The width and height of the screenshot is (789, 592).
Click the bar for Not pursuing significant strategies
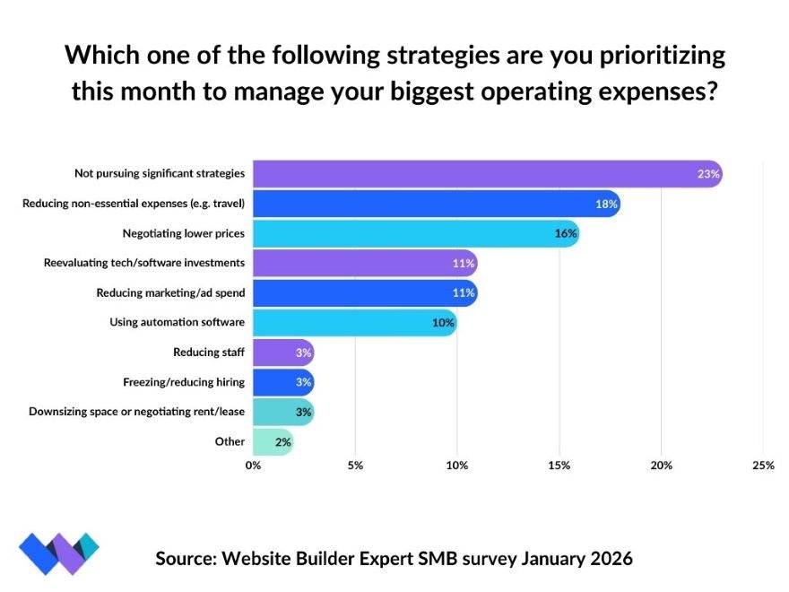(x=484, y=174)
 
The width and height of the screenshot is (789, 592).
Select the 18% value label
(x=606, y=205)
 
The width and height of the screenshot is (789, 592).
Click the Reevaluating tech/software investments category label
(x=144, y=264)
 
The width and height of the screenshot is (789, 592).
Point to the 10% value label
(x=443, y=323)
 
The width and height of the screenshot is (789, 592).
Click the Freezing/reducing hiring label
(x=184, y=382)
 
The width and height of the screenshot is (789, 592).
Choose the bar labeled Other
(x=271, y=441)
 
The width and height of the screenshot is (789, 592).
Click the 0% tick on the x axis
(x=253, y=466)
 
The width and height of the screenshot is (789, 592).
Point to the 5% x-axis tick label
(x=355, y=466)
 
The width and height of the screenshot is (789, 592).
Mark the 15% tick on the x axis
(x=559, y=466)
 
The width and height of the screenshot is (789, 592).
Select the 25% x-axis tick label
(x=762, y=466)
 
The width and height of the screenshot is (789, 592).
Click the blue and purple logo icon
(x=59, y=553)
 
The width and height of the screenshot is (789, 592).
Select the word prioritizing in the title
(x=645, y=56)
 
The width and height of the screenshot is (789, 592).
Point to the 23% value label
(x=708, y=174)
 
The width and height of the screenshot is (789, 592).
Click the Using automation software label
(x=177, y=323)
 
